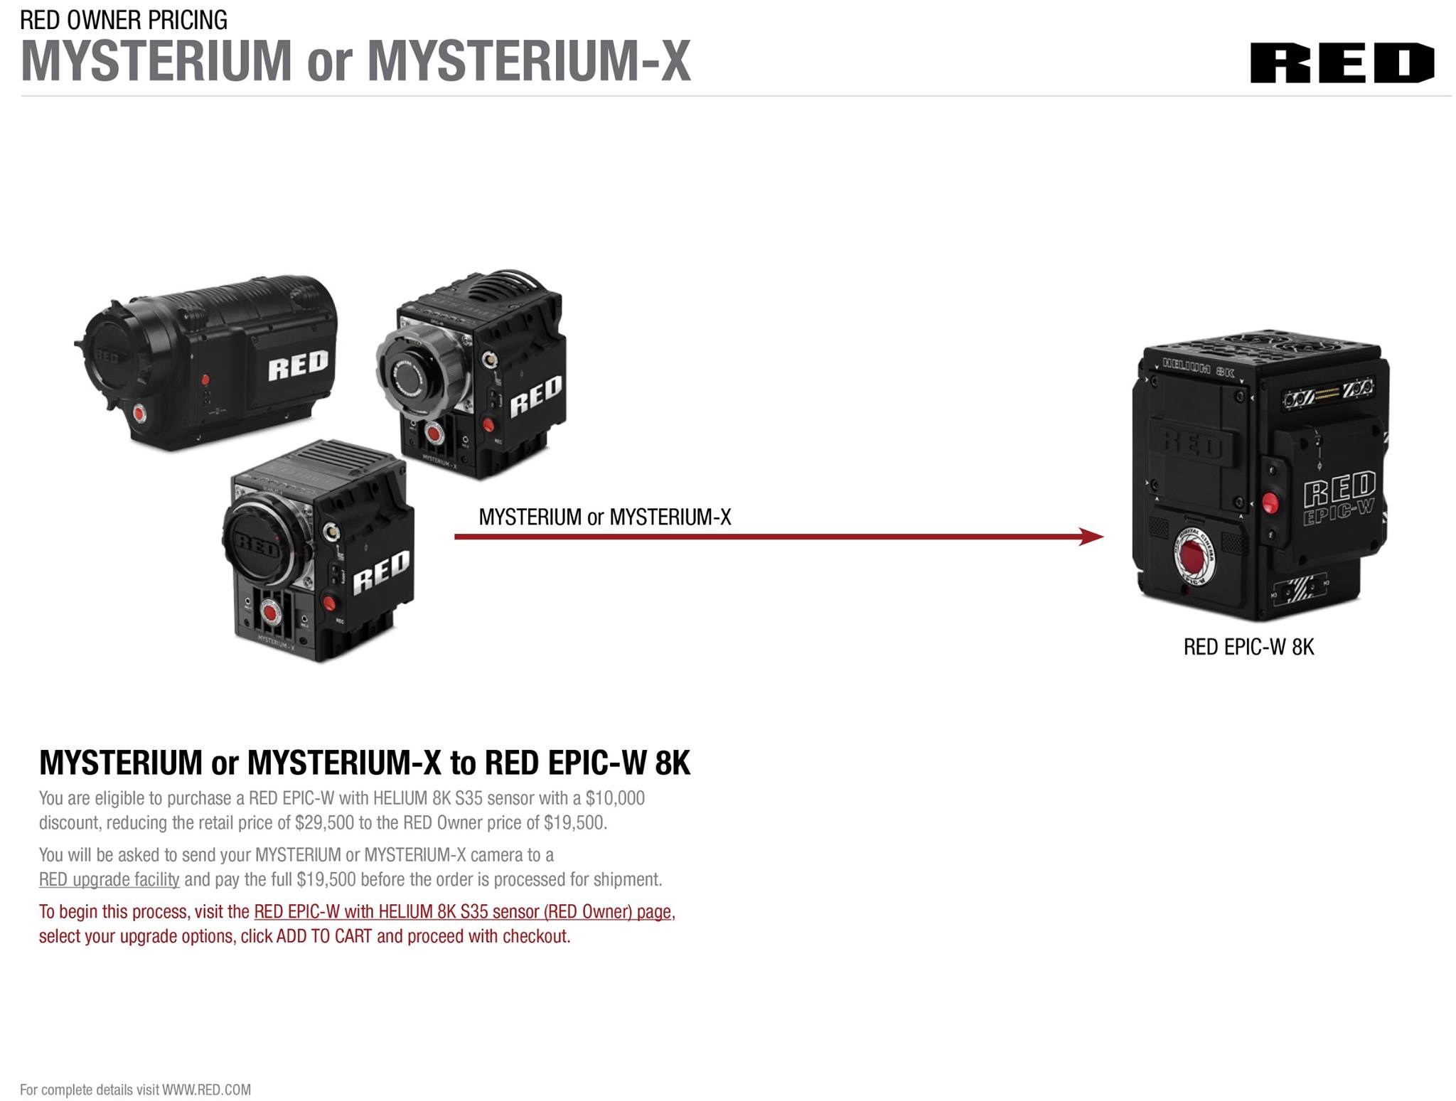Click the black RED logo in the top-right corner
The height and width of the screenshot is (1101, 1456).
(1342, 63)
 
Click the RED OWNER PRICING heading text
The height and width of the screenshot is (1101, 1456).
(124, 20)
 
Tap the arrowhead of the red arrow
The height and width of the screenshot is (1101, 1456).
(1091, 537)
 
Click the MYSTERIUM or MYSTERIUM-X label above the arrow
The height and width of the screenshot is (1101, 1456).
(605, 517)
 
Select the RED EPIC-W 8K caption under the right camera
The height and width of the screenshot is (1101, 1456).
(1248, 647)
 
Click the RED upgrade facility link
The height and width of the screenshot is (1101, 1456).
(109, 879)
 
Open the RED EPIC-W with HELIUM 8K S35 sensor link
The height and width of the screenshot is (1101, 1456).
(462, 911)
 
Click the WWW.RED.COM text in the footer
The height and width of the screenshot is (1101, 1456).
(206, 1090)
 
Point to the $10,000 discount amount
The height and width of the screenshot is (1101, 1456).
(615, 798)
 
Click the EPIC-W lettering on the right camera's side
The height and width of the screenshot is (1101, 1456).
(1338, 511)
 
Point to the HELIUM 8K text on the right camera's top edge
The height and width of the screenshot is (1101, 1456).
(1198, 370)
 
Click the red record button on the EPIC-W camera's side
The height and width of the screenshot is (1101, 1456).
(1270, 503)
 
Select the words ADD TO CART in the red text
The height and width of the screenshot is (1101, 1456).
(324, 936)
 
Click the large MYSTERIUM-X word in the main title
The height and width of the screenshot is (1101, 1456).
(529, 61)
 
